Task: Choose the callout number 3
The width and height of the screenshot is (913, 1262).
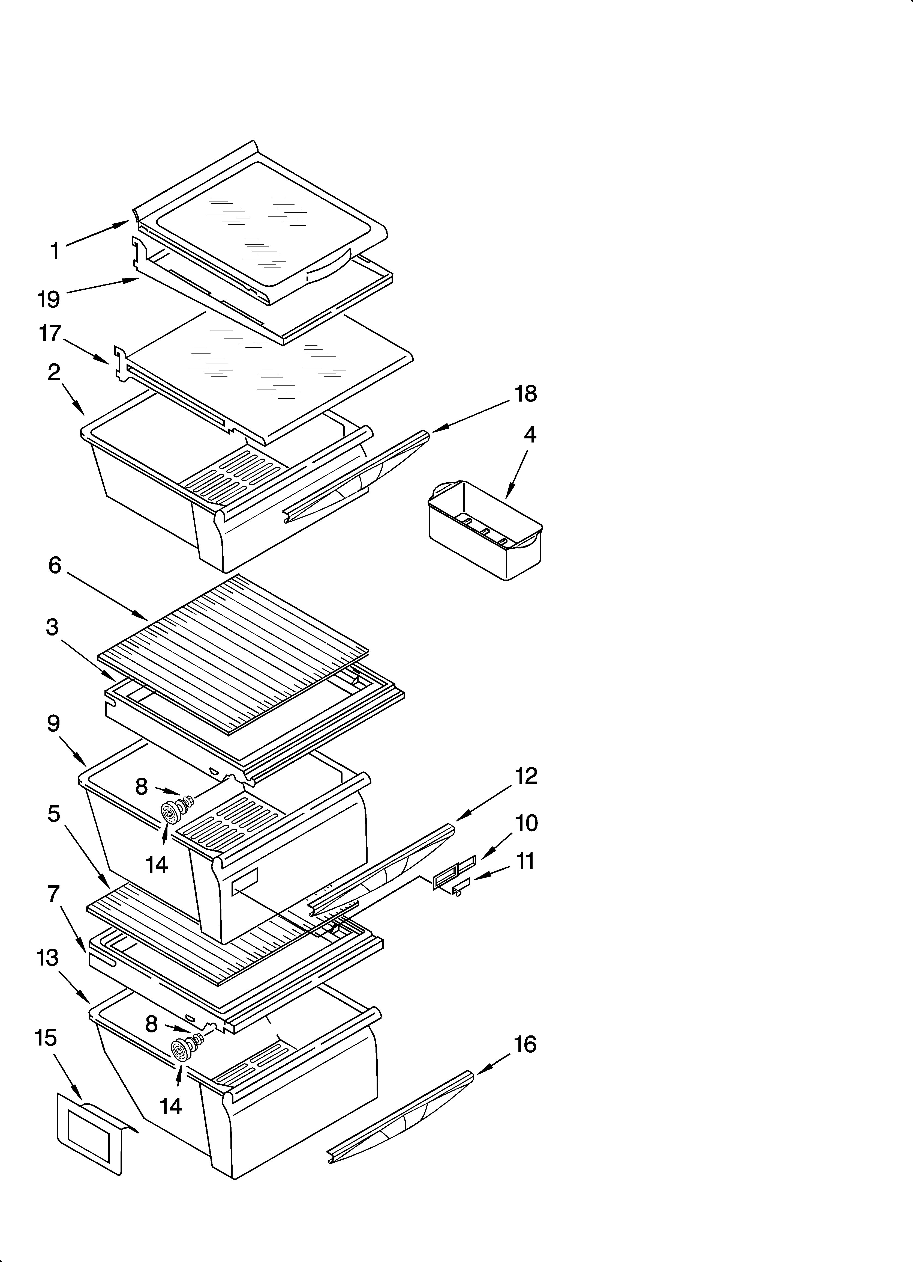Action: click(52, 628)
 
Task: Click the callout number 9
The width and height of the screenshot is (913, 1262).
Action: click(53, 724)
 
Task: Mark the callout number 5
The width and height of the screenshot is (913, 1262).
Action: click(53, 814)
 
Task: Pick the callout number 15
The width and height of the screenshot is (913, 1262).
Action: click(46, 1038)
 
